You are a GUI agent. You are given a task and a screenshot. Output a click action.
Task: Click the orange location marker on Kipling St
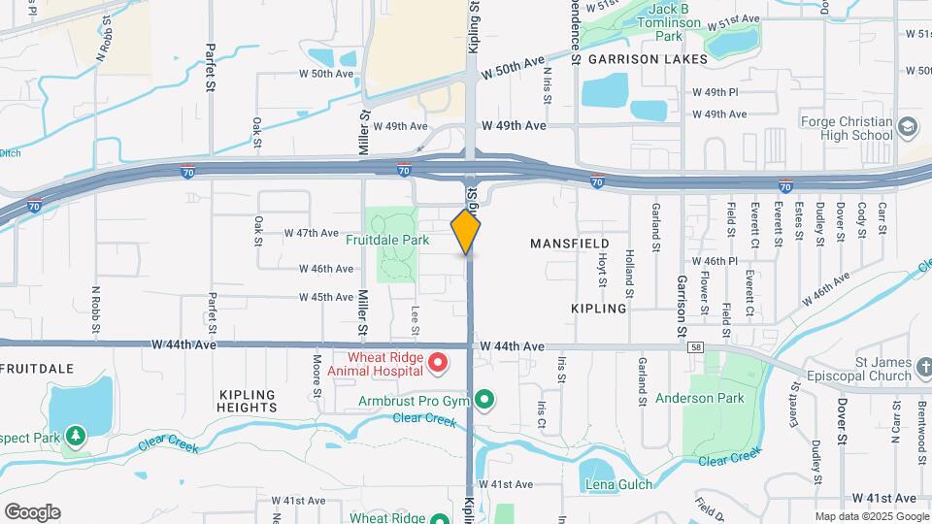coord(466,232)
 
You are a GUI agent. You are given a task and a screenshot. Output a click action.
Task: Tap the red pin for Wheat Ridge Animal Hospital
coord(437,363)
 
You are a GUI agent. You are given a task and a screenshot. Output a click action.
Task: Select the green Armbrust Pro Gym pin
coord(484,400)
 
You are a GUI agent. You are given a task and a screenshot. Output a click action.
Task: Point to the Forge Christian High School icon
coord(908,127)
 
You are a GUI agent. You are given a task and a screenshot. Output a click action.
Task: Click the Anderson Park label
coord(699,398)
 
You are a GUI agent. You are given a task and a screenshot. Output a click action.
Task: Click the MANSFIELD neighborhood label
coord(570,243)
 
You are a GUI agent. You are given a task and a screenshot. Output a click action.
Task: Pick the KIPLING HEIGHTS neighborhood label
coord(249,401)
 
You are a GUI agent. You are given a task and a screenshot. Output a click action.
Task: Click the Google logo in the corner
coord(31,511)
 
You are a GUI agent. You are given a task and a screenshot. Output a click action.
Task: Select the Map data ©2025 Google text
coord(872,516)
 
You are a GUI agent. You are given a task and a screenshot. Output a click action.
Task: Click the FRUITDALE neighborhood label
coord(39,369)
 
